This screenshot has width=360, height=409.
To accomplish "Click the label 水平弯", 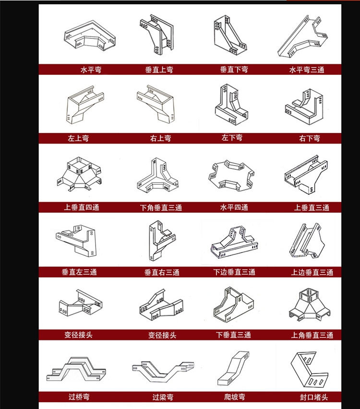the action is pos(91,70).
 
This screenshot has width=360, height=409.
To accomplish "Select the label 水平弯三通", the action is pos(307,70).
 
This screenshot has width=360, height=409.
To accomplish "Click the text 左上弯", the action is pos(78,138).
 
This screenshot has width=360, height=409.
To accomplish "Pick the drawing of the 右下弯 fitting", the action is pos(304,107).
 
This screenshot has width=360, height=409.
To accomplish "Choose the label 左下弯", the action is pos(232,138).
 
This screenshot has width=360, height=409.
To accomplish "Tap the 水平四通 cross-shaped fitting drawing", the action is pos(231,176).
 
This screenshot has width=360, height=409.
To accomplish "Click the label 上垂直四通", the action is pos(82,207).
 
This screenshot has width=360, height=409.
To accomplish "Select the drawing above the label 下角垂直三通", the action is pos(158,175).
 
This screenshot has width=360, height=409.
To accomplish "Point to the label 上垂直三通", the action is pos(312,208).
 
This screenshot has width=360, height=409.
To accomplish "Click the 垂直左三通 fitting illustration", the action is pos(76,241).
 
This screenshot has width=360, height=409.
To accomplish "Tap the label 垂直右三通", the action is pos(162,272).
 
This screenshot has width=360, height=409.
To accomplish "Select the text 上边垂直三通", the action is pos(312,272).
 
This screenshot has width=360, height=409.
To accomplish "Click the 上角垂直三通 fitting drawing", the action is pos(310,305).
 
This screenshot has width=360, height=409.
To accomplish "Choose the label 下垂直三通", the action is pos(233,335).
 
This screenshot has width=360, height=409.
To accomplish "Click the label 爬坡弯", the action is pos(235,397).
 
